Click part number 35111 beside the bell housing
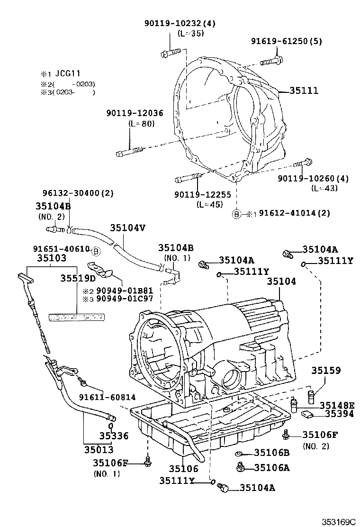(x=304, y=91)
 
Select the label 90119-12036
(x=135, y=113)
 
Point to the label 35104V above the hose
(x=128, y=228)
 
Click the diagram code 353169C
(x=339, y=522)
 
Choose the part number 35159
(x=326, y=370)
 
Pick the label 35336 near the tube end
(x=114, y=436)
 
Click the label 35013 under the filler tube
(x=99, y=449)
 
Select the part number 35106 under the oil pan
(x=184, y=468)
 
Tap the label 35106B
(x=272, y=453)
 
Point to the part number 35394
(x=339, y=414)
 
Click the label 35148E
(x=337, y=405)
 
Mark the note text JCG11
(x=67, y=73)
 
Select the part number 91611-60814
(x=108, y=397)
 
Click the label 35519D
(x=78, y=278)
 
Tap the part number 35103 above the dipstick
(x=51, y=258)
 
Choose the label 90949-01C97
(x=125, y=299)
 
